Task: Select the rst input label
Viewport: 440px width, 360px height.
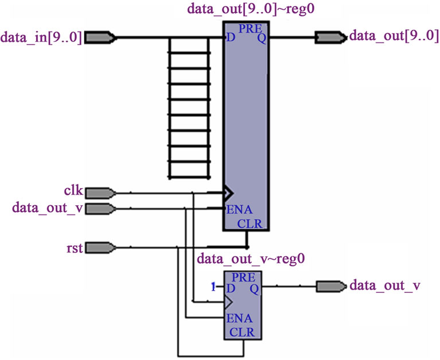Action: tap(76, 248)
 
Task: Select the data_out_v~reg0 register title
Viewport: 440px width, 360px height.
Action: tap(250, 260)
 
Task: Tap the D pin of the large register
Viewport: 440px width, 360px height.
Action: tap(231, 38)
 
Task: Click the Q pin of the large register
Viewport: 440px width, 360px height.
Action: tap(261, 38)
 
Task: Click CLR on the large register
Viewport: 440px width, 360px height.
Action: tap(250, 224)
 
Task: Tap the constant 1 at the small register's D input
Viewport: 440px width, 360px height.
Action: tap(213, 287)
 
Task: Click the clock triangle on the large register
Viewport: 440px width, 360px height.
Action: tap(228, 192)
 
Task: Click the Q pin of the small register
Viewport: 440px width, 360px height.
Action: tap(254, 288)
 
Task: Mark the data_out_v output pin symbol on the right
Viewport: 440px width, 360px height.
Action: tap(330, 285)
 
